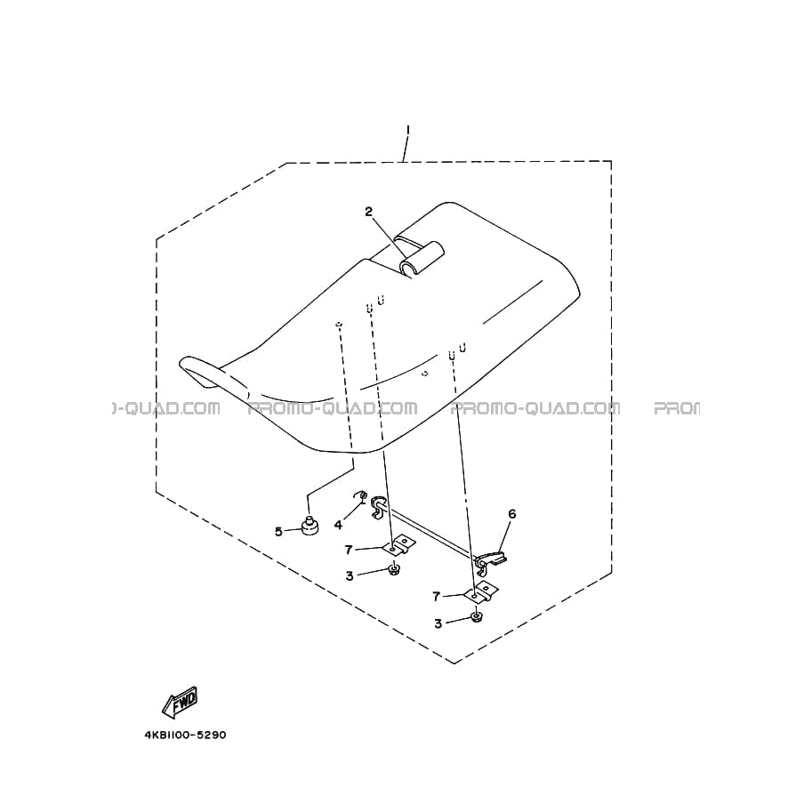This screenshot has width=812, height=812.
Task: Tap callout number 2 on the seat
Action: click(x=369, y=212)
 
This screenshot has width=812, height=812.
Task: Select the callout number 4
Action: click(x=338, y=525)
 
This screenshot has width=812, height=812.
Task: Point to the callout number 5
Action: click(x=278, y=532)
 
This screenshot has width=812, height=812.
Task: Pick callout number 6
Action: click(x=511, y=514)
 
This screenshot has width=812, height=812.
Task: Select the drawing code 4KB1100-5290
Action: click(x=185, y=735)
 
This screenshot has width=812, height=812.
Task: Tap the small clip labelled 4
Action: click(x=361, y=497)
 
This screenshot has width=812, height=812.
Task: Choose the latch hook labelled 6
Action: click(x=491, y=559)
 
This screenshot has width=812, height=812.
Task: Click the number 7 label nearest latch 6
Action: click(x=436, y=597)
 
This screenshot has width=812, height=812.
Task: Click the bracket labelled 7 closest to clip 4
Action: click(x=399, y=545)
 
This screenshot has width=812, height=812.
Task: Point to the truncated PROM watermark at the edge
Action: click(x=677, y=408)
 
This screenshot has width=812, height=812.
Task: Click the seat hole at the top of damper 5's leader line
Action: click(x=338, y=324)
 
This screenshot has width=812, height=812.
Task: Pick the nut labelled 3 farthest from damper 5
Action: click(x=476, y=617)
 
